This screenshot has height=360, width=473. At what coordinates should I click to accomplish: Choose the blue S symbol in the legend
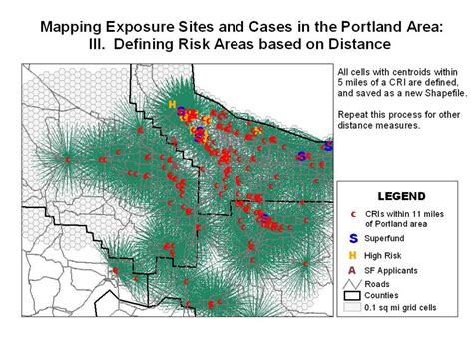[x=353, y=238]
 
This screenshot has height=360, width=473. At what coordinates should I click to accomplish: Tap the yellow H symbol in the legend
[x=353, y=255]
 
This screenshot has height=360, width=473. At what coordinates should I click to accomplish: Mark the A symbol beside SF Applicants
[x=353, y=269]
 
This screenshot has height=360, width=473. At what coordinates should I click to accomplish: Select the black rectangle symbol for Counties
[x=354, y=296]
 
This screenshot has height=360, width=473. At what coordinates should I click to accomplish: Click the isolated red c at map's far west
[x=67, y=159]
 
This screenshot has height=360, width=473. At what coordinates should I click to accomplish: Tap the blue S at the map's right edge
[x=327, y=147]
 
